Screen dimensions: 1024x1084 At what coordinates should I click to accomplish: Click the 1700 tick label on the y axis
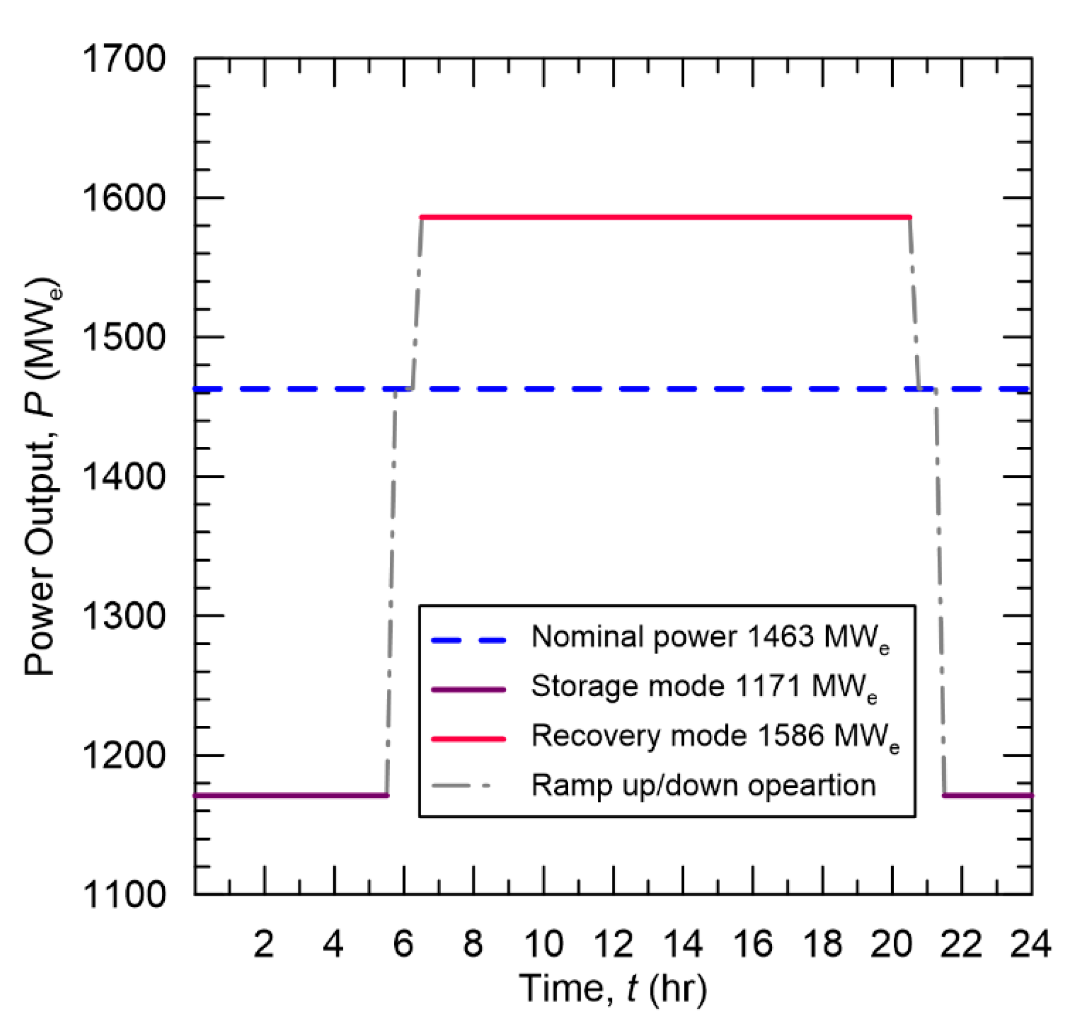coord(123,58)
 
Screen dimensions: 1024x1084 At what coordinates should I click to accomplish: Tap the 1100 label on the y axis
coord(123,895)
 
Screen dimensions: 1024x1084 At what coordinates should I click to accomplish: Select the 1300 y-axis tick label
coord(123,616)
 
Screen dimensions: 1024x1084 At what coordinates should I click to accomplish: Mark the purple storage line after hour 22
coord(988,796)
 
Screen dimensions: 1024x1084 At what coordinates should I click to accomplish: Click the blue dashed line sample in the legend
coord(468,640)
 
